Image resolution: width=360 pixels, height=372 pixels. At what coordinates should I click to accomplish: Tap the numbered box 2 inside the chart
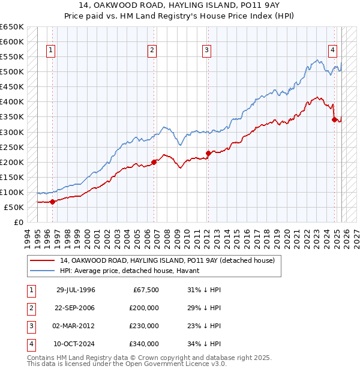click(152, 50)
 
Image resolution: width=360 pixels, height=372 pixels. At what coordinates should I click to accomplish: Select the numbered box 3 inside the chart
click(206, 50)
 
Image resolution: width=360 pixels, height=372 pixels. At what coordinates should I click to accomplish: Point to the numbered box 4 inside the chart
click(332, 50)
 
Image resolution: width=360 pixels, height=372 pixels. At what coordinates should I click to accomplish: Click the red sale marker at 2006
click(154, 161)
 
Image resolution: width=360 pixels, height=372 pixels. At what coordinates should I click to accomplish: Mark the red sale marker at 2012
click(208, 152)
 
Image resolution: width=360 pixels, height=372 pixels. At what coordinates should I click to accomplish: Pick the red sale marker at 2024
click(334, 119)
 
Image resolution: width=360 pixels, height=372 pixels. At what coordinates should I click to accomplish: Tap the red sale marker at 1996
click(52, 202)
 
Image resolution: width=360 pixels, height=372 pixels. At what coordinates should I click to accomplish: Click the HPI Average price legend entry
click(133, 271)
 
